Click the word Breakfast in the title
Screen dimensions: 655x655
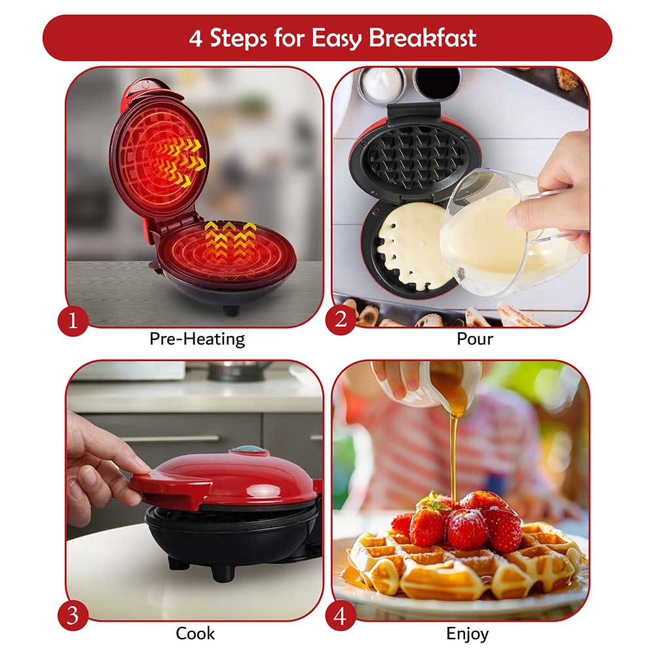(x=422, y=38)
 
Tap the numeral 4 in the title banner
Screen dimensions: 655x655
(x=195, y=39)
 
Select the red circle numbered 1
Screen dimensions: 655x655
(x=73, y=321)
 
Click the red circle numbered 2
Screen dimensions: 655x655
(x=341, y=320)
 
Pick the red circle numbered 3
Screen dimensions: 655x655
(x=73, y=615)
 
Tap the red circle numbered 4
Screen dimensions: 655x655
(x=341, y=615)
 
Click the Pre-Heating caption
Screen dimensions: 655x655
(x=197, y=339)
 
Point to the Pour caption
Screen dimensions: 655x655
(x=474, y=339)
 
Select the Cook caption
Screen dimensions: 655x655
(x=195, y=633)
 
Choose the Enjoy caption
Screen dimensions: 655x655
(x=468, y=634)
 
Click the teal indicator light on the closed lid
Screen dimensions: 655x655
(x=250, y=451)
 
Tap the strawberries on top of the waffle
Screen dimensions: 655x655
(x=457, y=520)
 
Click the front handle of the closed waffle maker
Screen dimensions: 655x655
(x=171, y=489)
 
